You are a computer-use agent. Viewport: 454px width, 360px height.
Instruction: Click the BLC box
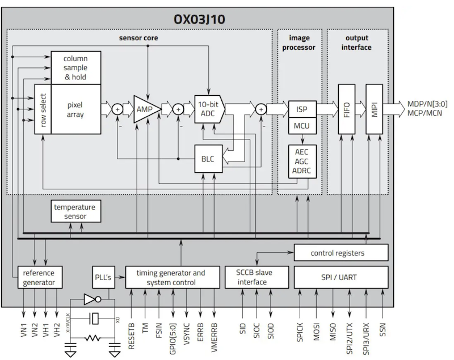click(x=208, y=158)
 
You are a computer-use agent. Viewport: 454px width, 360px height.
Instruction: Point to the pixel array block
click(x=75, y=109)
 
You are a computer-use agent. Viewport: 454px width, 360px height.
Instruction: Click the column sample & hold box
click(x=75, y=67)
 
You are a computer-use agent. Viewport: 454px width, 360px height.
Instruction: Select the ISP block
click(x=301, y=109)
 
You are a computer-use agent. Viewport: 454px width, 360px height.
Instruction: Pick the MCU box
click(x=301, y=125)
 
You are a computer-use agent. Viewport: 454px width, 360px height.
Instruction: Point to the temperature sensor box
click(x=74, y=211)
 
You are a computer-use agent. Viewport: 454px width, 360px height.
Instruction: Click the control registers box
click(x=341, y=252)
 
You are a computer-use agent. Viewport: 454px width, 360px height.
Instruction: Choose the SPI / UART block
click(x=341, y=277)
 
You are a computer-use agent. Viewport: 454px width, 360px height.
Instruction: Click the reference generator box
click(x=39, y=277)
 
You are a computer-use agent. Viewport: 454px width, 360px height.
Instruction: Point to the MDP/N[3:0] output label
click(x=426, y=104)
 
